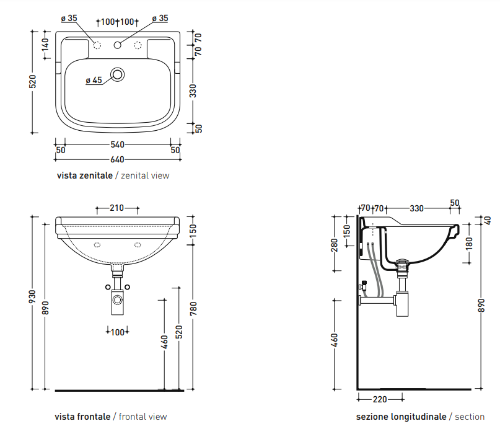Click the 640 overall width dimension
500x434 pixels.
coord(117,159)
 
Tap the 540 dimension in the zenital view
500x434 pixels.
coord(117,144)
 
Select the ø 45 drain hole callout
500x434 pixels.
coord(94,80)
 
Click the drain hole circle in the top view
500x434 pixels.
coord(118,74)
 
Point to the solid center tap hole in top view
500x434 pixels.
coord(117,45)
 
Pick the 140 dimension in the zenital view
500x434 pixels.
coord(46,45)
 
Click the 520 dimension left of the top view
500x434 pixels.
coord(32,82)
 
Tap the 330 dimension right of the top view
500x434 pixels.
coord(193,91)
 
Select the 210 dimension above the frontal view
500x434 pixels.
coord(116,208)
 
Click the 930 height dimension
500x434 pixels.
coord(32,297)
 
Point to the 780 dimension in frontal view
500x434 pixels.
coord(193,309)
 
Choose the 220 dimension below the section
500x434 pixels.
coord(380,399)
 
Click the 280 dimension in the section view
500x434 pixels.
coord(334,245)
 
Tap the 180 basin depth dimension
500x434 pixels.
coord(469,243)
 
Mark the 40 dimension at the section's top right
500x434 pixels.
coord(488,220)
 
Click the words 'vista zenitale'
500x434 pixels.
coord(84,175)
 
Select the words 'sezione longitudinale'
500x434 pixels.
coord(401,417)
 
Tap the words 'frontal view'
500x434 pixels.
coord(143,417)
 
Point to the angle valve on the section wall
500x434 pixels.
coord(363,285)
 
